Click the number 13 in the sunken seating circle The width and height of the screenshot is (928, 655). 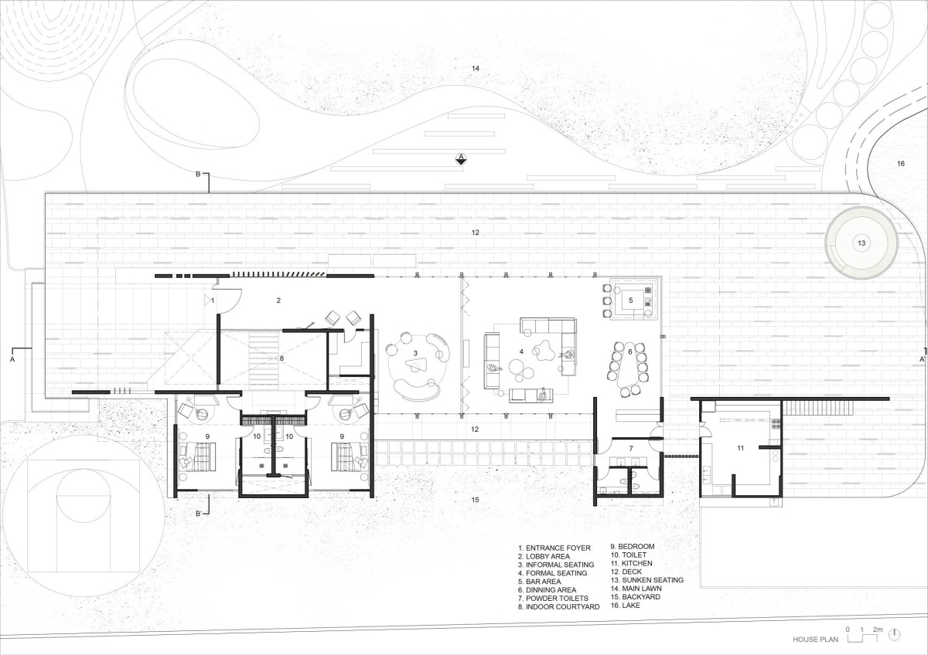pyautogui.click(x=861, y=243)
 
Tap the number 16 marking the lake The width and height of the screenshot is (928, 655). pyautogui.click(x=901, y=164)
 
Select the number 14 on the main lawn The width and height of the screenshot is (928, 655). pyautogui.click(x=475, y=68)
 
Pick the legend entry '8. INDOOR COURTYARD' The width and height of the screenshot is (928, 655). pyautogui.click(x=558, y=607)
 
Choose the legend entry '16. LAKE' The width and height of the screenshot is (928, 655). pyautogui.click(x=625, y=605)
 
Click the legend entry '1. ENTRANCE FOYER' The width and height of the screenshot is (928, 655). pyautogui.click(x=554, y=548)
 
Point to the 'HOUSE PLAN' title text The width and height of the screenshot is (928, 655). pyautogui.click(x=815, y=640)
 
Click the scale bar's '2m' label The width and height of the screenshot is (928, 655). pyautogui.click(x=878, y=630)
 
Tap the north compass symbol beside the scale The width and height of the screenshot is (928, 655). pyautogui.click(x=896, y=634)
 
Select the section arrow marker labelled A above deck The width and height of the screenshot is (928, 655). pyautogui.click(x=461, y=159)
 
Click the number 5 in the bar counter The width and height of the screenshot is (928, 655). pyautogui.click(x=631, y=300)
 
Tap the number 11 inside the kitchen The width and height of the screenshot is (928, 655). pyautogui.click(x=740, y=448)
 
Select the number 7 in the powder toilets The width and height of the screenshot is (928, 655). pyautogui.click(x=631, y=448)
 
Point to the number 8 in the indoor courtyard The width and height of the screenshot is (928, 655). pyautogui.click(x=281, y=358)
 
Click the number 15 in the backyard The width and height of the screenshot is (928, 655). pyautogui.click(x=475, y=500)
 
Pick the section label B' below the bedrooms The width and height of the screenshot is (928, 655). pyautogui.click(x=199, y=514)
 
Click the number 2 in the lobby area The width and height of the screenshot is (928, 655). pyautogui.click(x=278, y=300)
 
